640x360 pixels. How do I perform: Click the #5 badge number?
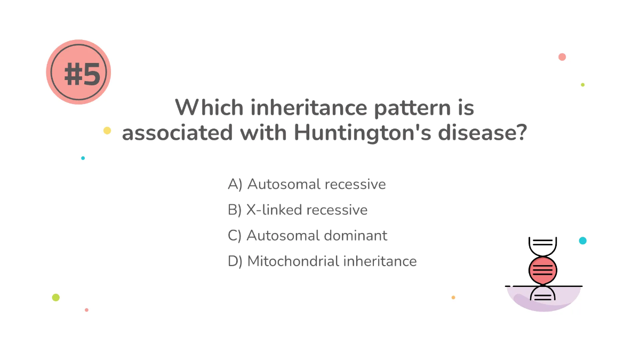(82, 74)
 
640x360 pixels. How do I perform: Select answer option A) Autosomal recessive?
(307, 185)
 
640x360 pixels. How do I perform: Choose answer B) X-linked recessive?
(298, 210)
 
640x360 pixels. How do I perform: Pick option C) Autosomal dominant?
(307, 236)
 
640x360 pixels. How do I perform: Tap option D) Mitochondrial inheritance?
(322, 261)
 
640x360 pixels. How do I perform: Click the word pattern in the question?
(407, 108)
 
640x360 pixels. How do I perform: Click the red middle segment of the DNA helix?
(542, 270)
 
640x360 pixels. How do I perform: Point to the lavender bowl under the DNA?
(543, 301)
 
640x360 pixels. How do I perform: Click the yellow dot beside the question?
(107, 131)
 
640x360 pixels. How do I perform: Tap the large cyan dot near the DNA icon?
(582, 241)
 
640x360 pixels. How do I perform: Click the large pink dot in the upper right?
(562, 57)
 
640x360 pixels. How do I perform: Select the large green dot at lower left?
(56, 298)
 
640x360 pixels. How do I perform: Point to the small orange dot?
(453, 297)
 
